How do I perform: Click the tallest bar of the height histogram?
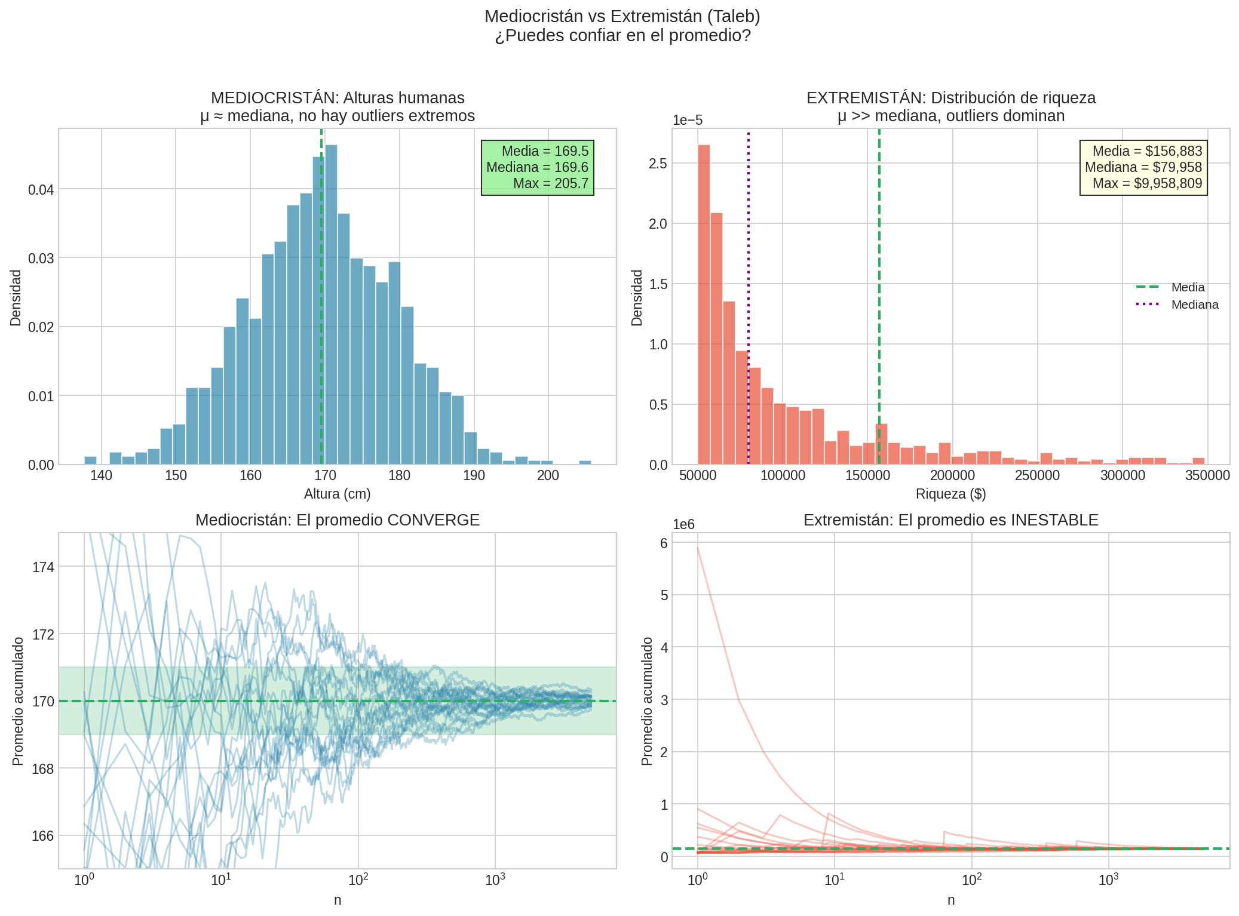click(x=331, y=305)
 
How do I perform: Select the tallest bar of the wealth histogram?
click(x=704, y=305)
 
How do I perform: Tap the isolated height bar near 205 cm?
click(x=585, y=462)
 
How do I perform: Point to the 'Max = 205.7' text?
click(x=550, y=183)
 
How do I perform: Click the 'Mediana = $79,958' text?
click(x=1143, y=167)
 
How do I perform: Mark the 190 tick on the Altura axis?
click(x=474, y=476)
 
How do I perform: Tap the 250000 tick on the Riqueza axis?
click(x=1037, y=476)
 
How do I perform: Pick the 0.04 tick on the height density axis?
click(x=41, y=190)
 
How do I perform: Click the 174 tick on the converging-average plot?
click(x=43, y=567)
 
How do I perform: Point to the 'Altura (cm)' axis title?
click(x=337, y=494)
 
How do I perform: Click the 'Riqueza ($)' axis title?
click(x=950, y=494)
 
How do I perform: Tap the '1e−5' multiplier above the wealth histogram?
click(x=688, y=121)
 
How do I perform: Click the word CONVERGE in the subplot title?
click(x=433, y=520)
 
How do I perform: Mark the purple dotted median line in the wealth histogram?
click(x=749, y=239)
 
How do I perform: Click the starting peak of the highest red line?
click(x=698, y=548)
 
